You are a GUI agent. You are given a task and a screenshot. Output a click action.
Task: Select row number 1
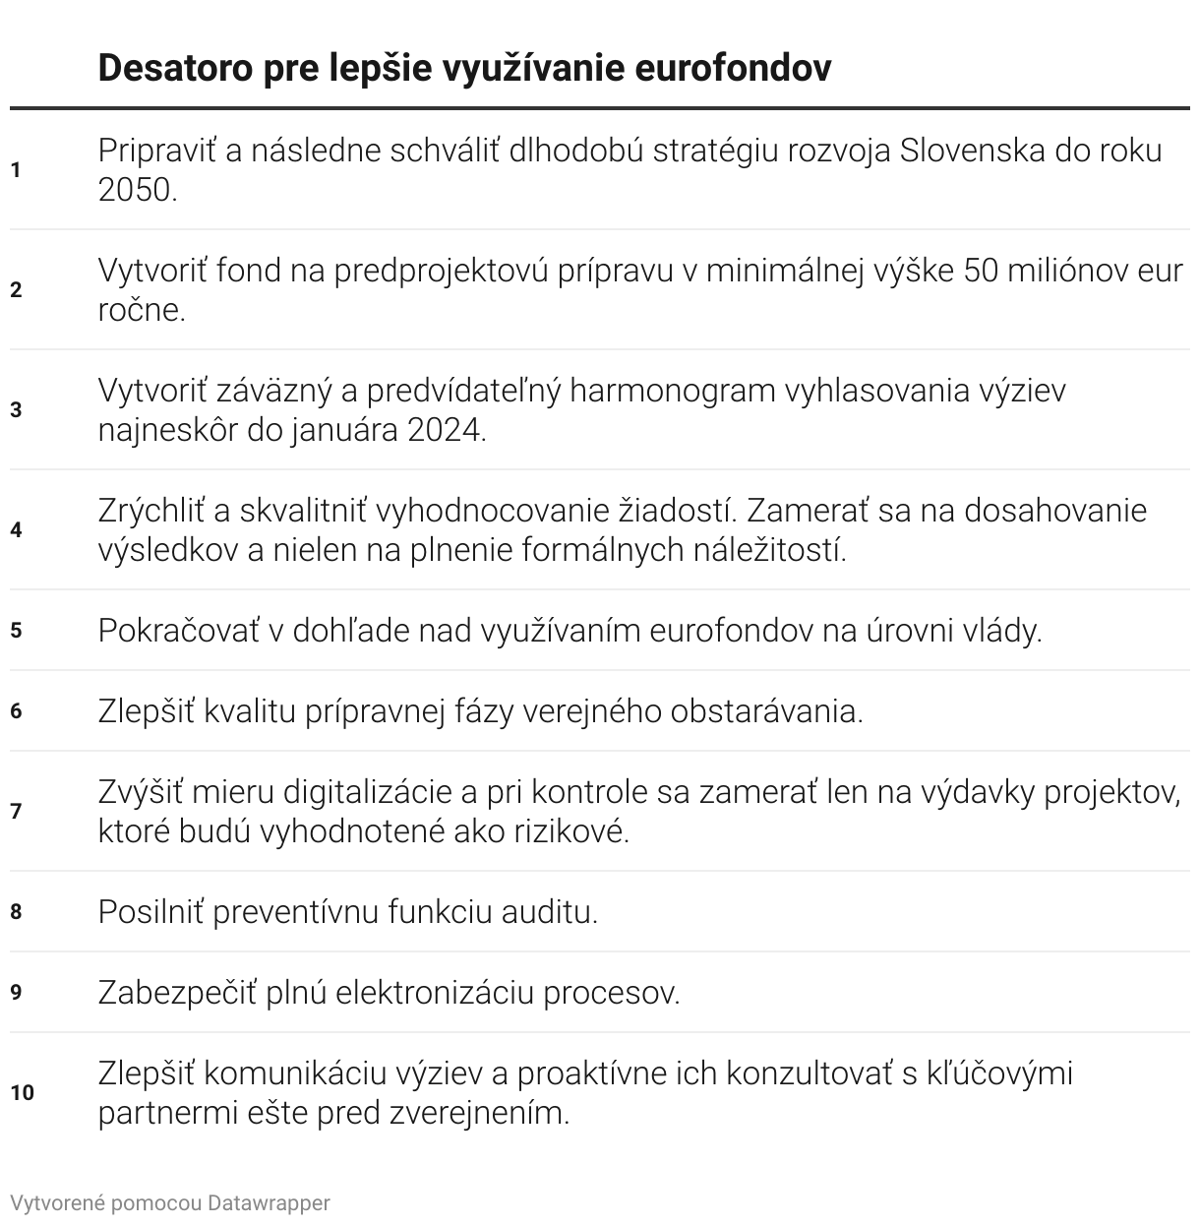click(16, 170)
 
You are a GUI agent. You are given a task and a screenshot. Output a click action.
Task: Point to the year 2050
click(137, 190)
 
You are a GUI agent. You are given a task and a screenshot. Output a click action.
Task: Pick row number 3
click(16, 410)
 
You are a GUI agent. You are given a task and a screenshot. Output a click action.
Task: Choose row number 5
click(16, 630)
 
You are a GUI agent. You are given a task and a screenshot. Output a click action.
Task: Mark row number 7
click(16, 812)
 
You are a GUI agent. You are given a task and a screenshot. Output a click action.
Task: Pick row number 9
click(16, 992)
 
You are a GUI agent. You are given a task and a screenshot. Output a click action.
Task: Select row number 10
click(22, 1093)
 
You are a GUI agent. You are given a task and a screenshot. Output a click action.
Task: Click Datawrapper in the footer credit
click(269, 1202)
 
